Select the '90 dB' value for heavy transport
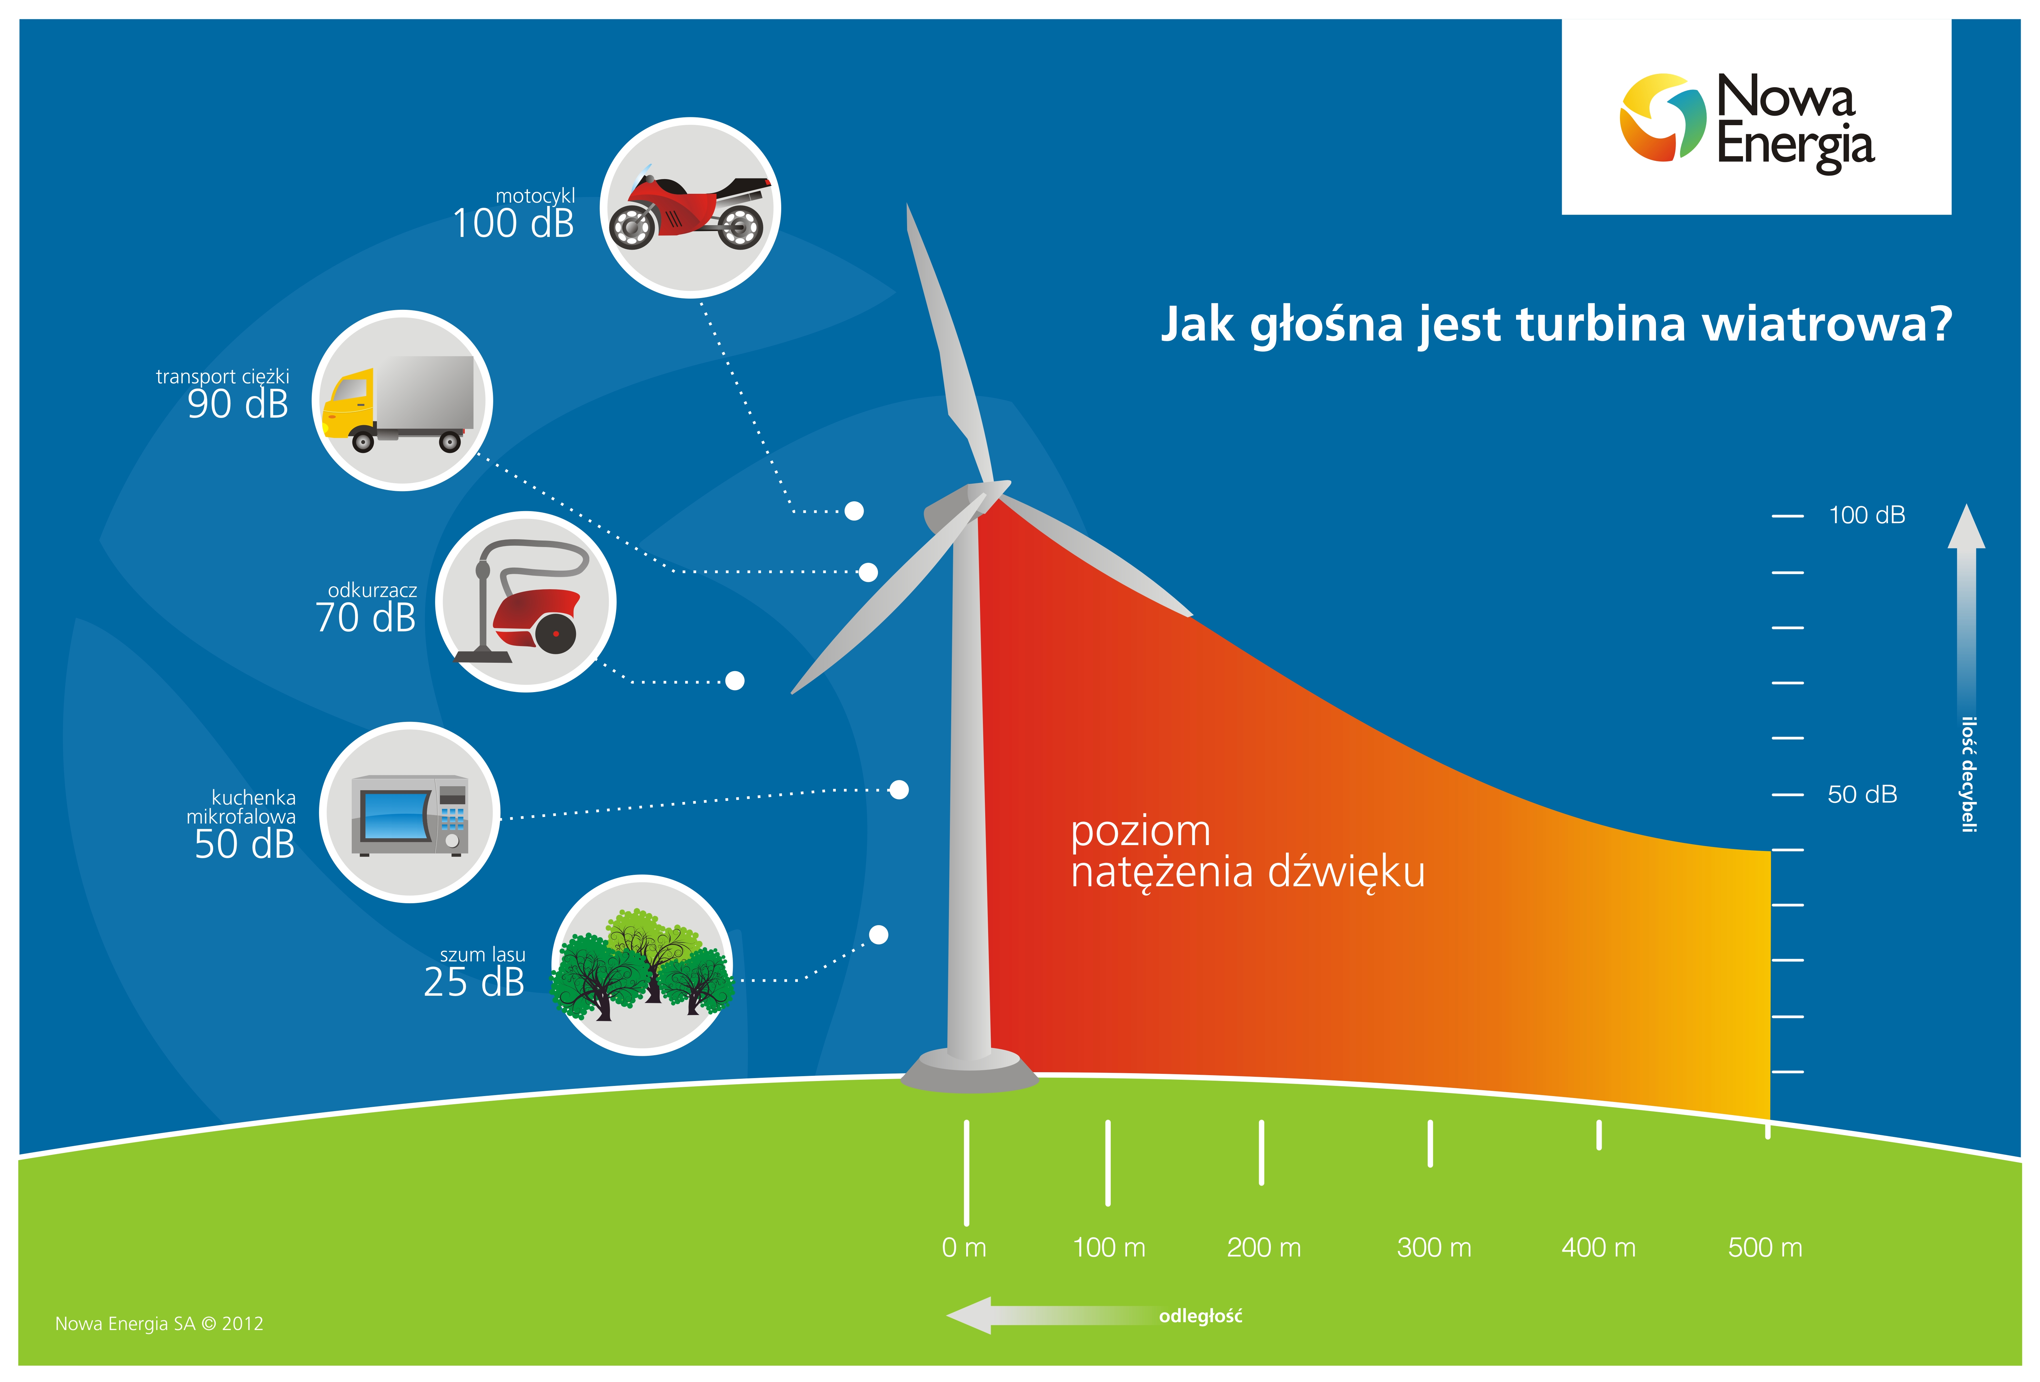(x=238, y=404)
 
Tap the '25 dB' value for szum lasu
(x=474, y=982)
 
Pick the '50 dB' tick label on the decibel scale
(x=1862, y=794)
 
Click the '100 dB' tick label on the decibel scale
(x=1866, y=515)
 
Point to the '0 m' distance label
(x=964, y=1247)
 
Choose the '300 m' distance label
(x=1433, y=1247)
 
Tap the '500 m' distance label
(x=1764, y=1247)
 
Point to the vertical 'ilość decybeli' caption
(x=1970, y=774)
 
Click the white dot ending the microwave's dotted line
(x=899, y=790)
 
